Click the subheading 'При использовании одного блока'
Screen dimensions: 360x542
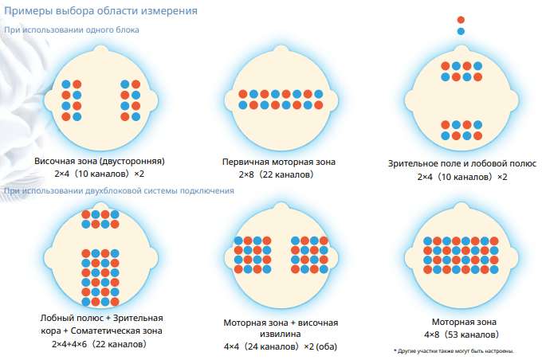(73, 30)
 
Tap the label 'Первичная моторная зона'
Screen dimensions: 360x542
(279, 162)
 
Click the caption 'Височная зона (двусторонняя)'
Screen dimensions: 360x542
(99, 161)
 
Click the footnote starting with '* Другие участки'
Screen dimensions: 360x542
(454, 350)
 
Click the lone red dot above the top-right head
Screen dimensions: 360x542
(461, 20)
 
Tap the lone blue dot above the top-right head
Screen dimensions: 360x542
(461, 32)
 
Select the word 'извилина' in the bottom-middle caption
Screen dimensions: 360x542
(279, 335)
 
